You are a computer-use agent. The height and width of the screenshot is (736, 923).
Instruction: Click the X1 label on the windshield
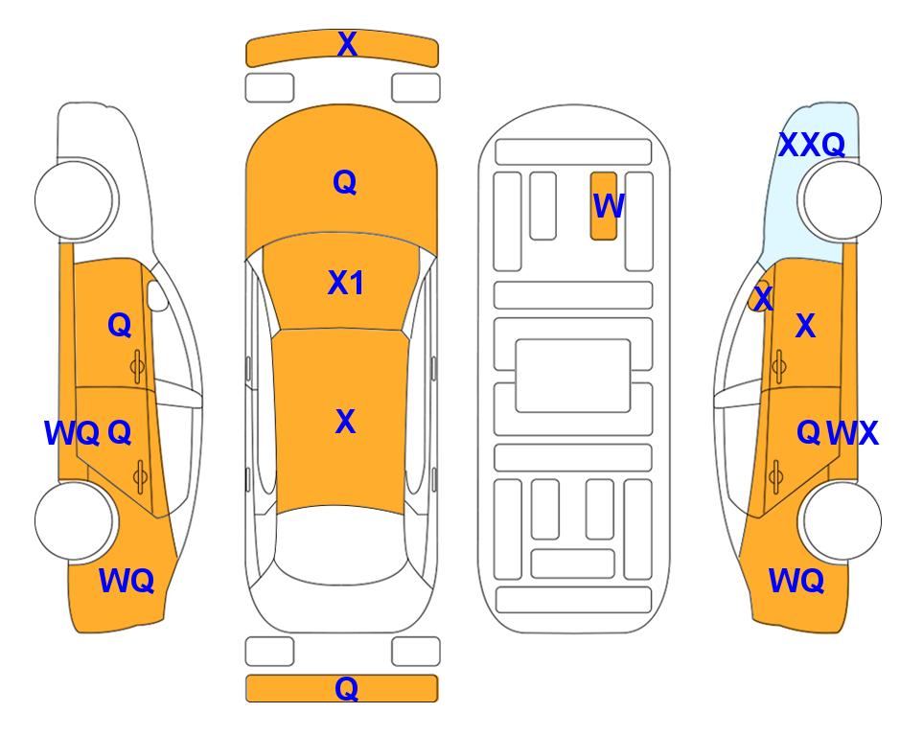(346, 283)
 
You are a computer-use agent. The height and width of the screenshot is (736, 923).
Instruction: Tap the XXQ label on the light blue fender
(811, 145)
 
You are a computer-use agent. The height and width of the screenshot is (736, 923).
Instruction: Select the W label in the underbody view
(608, 206)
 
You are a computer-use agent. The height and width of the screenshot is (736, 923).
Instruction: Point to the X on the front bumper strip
(347, 44)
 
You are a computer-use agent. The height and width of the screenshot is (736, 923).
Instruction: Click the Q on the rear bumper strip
(346, 688)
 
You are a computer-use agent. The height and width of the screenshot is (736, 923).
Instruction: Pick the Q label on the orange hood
(345, 182)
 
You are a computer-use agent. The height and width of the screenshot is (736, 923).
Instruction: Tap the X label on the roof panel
(346, 422)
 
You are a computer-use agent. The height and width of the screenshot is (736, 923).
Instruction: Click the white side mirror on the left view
(157, 295)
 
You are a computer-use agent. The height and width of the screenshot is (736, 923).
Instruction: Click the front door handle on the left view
(137, 367)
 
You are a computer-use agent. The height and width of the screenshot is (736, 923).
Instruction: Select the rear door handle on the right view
(776, 476)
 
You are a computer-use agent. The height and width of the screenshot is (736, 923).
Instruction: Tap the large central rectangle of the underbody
(573, 376)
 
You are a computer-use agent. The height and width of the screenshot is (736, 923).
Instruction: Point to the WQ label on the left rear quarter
(127, 581)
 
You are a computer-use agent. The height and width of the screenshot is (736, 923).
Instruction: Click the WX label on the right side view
(852, 433)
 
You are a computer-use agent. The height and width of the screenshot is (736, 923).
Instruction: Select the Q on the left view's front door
(120, 325)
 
